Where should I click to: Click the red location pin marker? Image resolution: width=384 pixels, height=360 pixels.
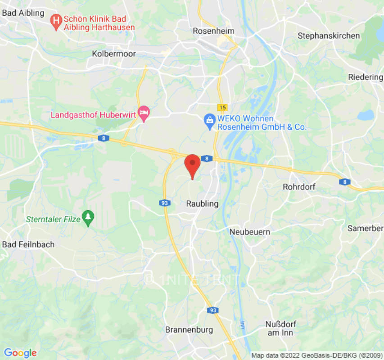tap(193, 165)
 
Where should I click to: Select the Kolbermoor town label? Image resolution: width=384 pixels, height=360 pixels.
tap(114, 54)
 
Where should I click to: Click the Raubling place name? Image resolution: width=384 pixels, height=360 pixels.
tap(202, 204)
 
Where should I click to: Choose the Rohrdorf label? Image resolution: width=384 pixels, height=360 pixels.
tap(299, 186)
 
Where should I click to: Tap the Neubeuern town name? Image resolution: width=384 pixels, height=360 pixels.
tap(250, 232)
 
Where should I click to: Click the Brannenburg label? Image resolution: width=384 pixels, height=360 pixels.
tap(189, 330)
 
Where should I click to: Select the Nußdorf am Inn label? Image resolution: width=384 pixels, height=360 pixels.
tap(280, 328)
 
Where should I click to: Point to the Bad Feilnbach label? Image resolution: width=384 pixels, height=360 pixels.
tap(28, 244)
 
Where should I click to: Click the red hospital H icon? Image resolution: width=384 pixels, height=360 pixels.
tap(56, 20)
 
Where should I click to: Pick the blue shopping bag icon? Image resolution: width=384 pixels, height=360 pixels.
tap(209, 120)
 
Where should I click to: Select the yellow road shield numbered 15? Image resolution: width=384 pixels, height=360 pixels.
tap(222, 107)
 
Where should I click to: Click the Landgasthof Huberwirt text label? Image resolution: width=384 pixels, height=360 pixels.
tap(93, 114)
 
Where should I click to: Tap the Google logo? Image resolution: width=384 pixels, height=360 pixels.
tap(20, 352)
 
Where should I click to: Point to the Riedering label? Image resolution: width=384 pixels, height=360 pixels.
tap(366, 77)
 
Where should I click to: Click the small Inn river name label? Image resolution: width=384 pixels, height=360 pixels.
tap(242, 324)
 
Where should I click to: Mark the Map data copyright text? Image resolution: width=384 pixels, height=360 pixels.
tap(316, 355)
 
